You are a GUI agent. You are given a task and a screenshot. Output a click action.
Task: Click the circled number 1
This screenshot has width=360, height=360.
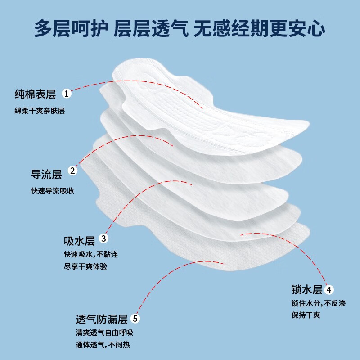67,94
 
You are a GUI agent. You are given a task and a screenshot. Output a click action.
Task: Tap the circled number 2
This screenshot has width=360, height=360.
72,171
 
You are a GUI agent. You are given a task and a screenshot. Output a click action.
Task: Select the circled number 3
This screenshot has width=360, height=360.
104,238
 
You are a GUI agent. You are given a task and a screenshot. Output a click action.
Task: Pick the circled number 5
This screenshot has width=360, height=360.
136,319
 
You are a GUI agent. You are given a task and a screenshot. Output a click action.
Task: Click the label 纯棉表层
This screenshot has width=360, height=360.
35,94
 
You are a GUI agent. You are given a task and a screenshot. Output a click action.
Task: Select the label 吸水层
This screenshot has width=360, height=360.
79,238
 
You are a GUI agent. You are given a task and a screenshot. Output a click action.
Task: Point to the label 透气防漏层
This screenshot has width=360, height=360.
102,319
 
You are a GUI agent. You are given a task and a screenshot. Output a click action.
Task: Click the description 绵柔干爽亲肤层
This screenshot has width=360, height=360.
40,111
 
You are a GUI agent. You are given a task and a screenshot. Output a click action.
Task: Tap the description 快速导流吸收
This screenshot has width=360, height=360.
49,190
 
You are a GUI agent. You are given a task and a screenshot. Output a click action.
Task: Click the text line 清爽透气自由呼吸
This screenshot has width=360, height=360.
104,333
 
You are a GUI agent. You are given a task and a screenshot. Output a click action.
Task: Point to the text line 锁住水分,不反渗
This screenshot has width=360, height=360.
319,303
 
